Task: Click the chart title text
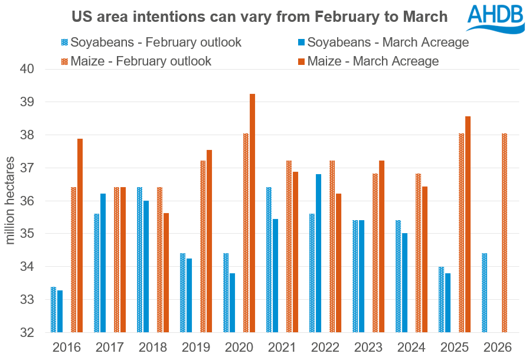click(259, 16)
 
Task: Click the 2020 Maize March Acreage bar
click(253, 213)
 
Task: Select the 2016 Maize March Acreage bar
click(80, 235)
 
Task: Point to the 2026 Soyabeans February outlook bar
click(484, 293)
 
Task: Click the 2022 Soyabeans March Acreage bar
click(318, 253)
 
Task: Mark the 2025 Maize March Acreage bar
click(468, 224)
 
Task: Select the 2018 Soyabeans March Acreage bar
click(146, 266)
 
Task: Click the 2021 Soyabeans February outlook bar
click(269, 260)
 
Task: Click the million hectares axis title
click(11, 201)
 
